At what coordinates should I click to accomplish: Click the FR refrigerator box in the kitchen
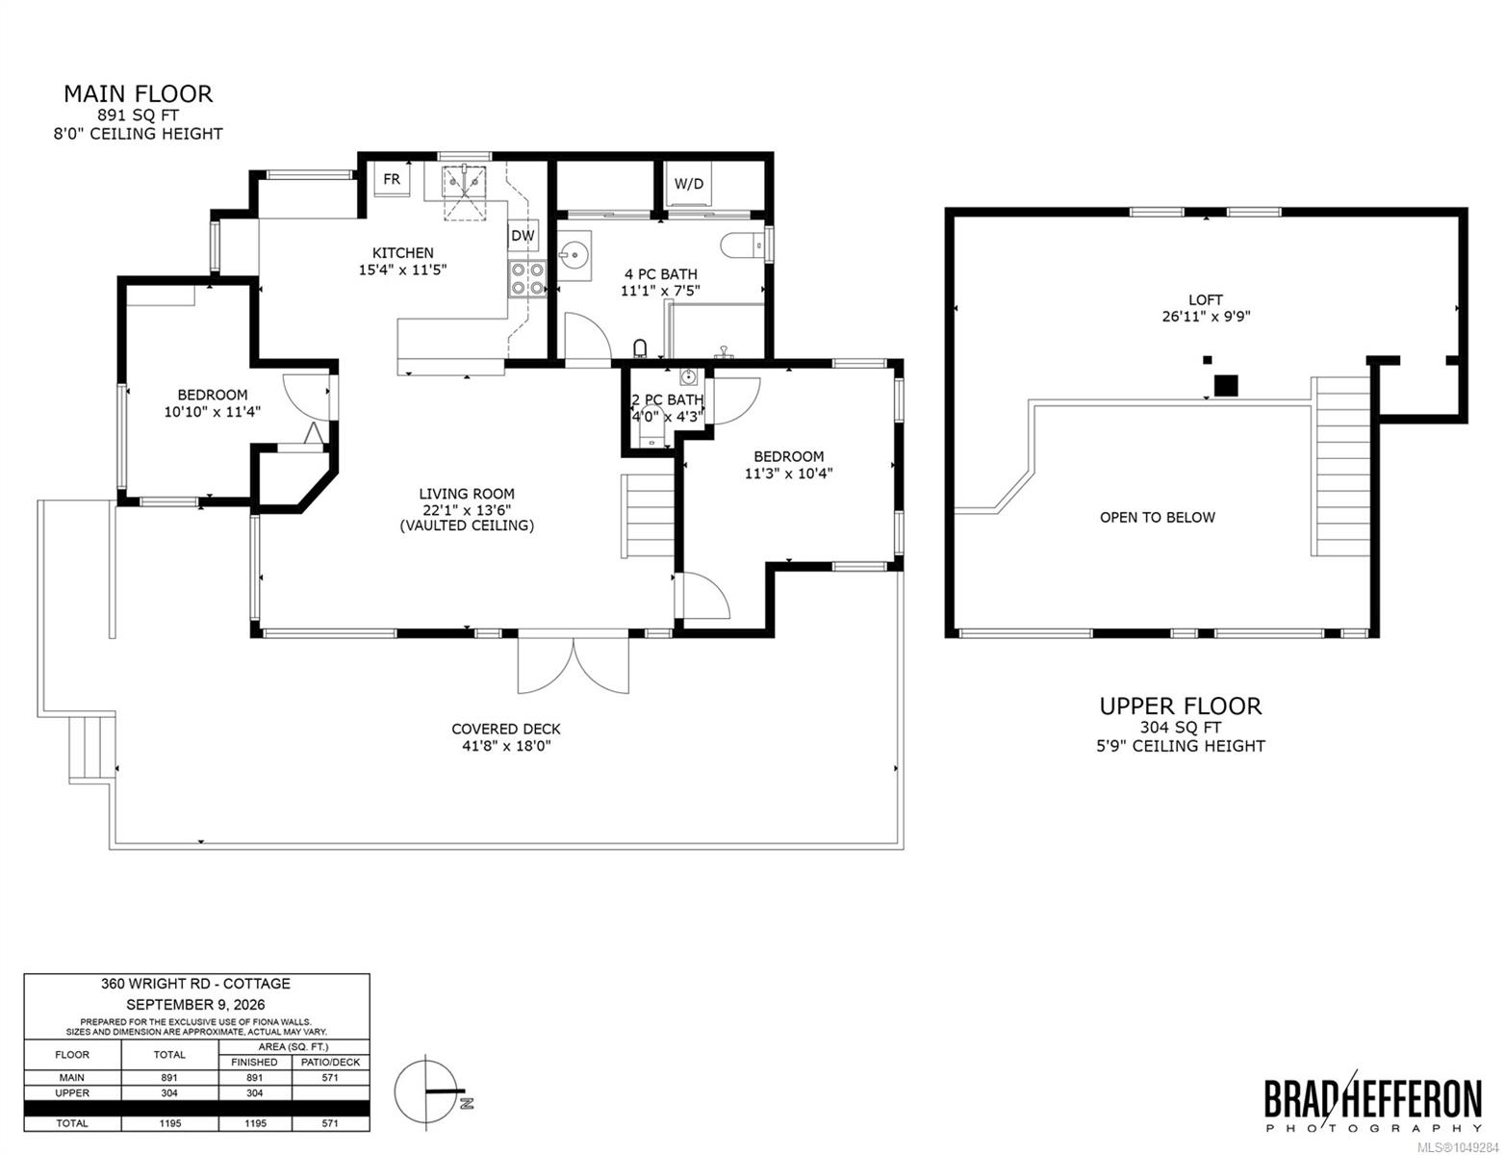click(392, 179)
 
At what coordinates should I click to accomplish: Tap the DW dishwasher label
click(523, 236)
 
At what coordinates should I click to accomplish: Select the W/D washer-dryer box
click(688, 184)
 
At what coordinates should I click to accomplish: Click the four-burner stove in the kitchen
click(527, 279)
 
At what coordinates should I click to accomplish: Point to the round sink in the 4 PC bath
click(574, 255)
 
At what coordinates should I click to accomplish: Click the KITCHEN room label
click(403, 253)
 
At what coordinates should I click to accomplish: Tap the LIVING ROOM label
click(467, 494)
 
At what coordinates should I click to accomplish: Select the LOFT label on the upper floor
click(1206, 300)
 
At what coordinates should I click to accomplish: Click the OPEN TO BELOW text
click(1158, 517)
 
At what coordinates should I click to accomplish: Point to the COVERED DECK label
click(506, 729)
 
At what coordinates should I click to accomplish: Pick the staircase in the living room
click(648, 515)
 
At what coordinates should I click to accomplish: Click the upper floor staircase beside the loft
click(1340, 466)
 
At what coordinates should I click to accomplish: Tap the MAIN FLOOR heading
click(139, 93)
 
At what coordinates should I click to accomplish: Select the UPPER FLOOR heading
click(1181, 706)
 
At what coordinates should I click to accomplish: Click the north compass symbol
click(429, 1091)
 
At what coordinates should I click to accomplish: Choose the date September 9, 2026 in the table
click(196, 1004)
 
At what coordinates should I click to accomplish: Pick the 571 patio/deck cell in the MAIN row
click(330, 1077)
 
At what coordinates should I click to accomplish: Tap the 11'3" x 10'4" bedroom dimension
click(788, 474)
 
